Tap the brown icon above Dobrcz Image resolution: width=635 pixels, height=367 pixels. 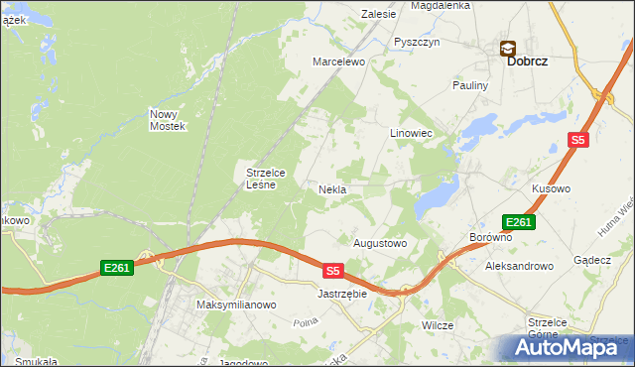click(x=507, y=47)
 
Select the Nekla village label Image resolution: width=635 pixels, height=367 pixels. click(x=332, y=188)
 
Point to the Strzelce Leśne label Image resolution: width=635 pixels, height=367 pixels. click(x=266, y=178)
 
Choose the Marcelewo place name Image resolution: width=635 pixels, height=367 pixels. click(x=339, y=61)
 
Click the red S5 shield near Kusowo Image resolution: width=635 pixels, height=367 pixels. click(x=579, y=141)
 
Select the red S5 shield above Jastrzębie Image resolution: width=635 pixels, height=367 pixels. click(x=333, y=270)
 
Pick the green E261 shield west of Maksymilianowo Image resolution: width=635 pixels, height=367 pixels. click(x=117, y=267)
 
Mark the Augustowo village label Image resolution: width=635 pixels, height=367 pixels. click(x=380, y=242)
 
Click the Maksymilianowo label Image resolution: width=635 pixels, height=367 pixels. click(x=235, y=305)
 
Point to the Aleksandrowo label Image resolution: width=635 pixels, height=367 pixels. click(x=518, y=266)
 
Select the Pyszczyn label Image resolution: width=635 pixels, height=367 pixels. click(x=416, y=42)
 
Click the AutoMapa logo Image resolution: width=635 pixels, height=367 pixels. click(x=567, y=347)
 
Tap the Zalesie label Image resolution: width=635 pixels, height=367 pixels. click(x=379, y=14)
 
